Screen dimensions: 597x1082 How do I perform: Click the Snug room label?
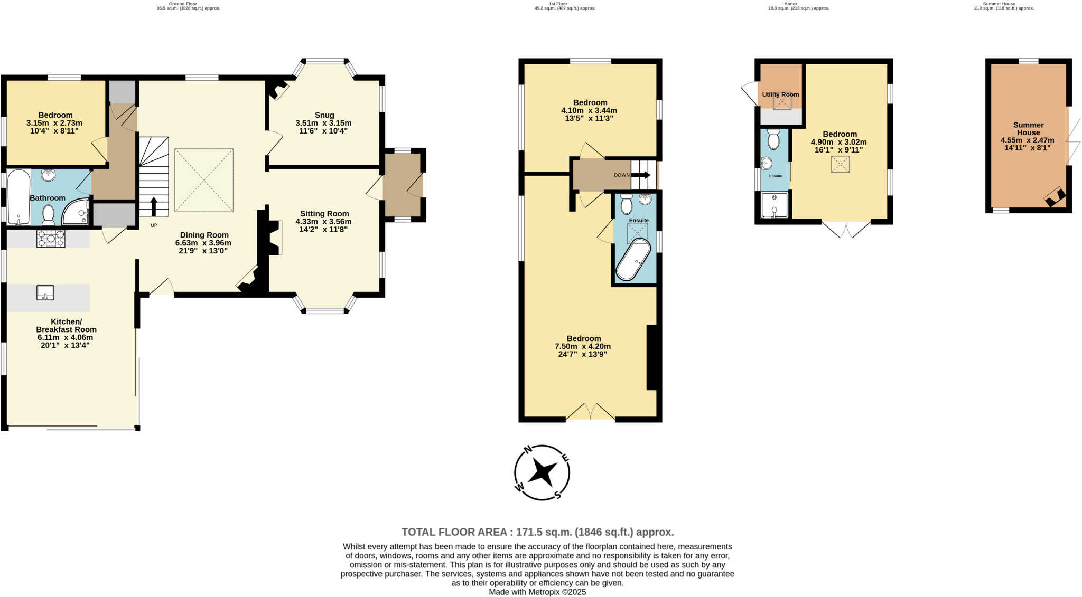324,115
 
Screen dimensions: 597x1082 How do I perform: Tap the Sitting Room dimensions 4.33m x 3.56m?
323,222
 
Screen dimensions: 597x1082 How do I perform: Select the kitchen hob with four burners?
51,239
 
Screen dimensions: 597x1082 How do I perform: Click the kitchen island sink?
45,292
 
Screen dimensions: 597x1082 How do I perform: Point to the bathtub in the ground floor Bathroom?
18,196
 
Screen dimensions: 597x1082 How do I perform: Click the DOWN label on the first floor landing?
622,175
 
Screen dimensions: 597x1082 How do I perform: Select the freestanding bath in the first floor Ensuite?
633,259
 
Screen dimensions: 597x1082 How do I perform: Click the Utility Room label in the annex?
780,94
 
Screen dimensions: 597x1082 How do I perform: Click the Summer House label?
1028,129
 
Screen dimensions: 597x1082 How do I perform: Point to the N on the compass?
527,450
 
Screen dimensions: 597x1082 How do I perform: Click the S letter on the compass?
557,495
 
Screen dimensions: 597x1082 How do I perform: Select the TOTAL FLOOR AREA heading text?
537,532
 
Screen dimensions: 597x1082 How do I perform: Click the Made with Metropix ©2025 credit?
537,592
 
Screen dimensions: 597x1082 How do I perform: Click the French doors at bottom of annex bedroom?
846,229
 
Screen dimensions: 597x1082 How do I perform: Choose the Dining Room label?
204,235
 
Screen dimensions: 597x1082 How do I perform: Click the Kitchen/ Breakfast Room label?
66,326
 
